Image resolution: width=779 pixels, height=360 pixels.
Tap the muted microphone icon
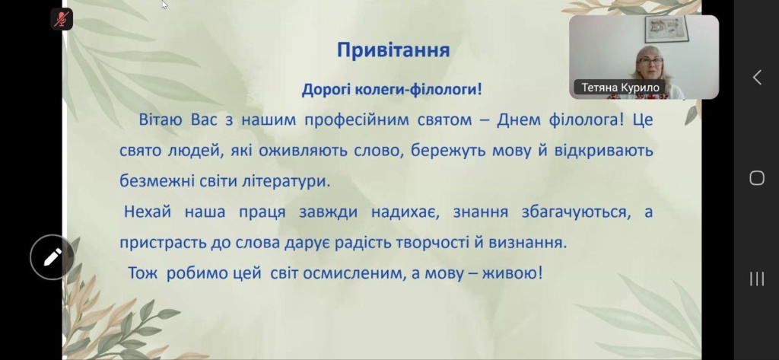tap(62, 19)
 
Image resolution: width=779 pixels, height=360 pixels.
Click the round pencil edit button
tap(52, 257)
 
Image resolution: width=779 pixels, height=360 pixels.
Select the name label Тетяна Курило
tap(620, 88)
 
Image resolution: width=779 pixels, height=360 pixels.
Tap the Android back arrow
tap(757, 78)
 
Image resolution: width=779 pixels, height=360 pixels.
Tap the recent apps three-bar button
tap(757, 279)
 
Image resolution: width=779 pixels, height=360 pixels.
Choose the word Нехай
tap(148, 212)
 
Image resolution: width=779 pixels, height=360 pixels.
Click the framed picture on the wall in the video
tap(666, 29)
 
